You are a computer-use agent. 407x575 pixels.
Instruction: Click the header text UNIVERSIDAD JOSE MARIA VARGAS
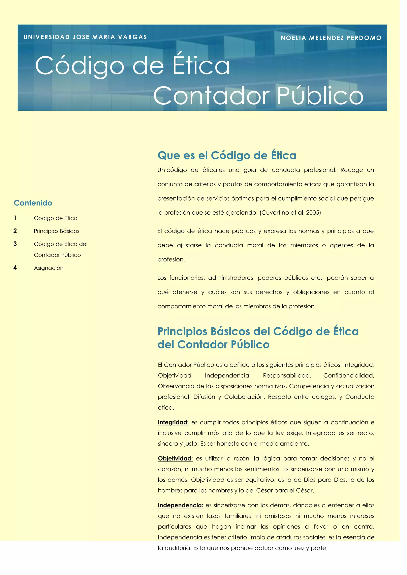(85, 37)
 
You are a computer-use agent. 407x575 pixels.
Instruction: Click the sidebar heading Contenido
(33, 203)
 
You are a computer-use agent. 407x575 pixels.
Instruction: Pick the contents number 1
(15, 218)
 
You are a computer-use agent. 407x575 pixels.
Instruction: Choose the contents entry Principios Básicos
(56, 231)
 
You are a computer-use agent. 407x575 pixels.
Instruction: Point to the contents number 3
(15, 244)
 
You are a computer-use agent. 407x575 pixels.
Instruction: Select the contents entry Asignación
(49, 268)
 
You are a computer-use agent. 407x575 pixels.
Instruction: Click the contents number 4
(15, 268)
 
